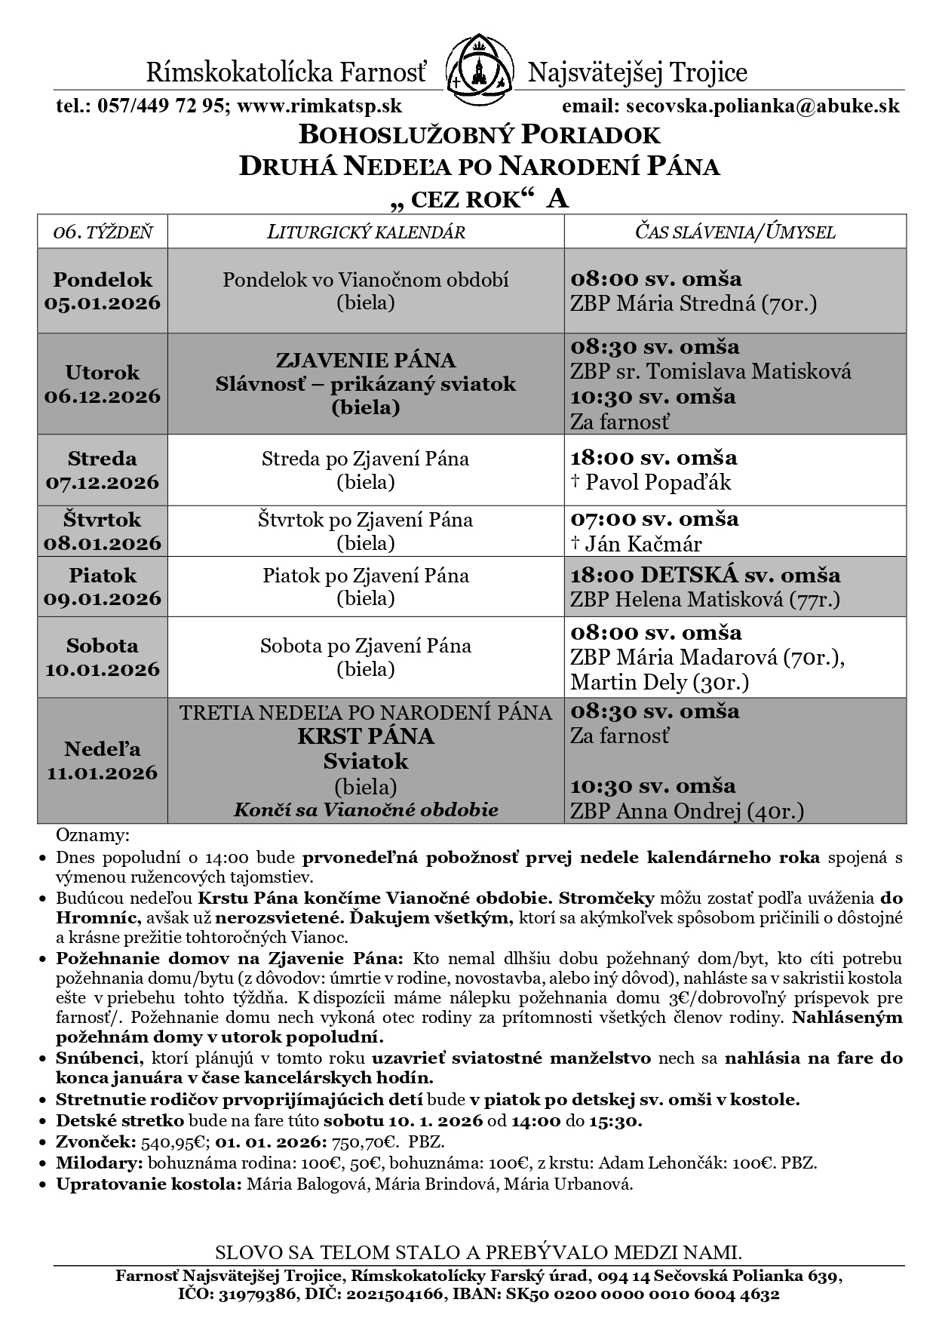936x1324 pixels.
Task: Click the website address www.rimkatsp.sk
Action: [319, 106]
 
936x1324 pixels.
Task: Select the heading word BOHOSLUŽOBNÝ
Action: [403, 135]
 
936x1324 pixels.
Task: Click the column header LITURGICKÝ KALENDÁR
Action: [366, 232]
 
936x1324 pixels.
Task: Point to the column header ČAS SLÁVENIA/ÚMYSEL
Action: [735, 232]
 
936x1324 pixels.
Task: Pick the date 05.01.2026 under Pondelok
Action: [103, 303]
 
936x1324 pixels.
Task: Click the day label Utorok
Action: [103, 372]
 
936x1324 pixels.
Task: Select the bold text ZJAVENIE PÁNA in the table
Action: [366, 359]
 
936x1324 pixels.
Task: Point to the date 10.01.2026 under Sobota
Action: [103, 669]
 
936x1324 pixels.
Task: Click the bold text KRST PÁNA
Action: [366, 736]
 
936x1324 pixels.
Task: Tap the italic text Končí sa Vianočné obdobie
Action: [366, 810]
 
